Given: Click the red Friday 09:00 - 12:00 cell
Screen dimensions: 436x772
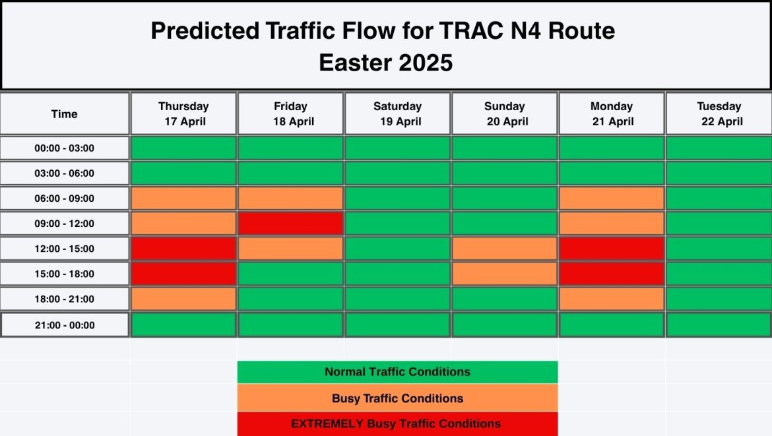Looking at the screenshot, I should pyautogui.click(x=290, y=223).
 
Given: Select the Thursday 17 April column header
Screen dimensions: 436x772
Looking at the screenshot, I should pyautogui.click(x=183, y=113).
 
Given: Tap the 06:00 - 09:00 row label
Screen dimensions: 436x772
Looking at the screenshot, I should pyautogui.click(x=64, y=199).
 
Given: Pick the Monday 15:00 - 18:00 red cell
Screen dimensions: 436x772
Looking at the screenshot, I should pyautogui.click(x=611, y=274).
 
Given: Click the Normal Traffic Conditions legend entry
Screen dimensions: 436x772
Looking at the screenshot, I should pyautogui.click(x=397, y=372).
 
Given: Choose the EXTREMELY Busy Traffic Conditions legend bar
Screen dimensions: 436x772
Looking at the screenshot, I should pyautogui.click(x=397, y=423).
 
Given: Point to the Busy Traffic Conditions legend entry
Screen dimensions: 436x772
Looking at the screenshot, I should pyautogui.click(x=397, y=398).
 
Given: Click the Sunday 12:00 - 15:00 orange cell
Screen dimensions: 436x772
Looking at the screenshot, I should pyautogui.click(x=504, y=249).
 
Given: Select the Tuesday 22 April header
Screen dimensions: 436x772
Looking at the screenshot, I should pyautogui.click(x=719, y=113).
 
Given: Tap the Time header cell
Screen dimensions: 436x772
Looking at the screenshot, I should pyautogui.click(x=64, y=114).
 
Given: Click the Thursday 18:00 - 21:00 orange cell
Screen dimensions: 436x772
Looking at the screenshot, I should pyautogui.click(x=183, y=299).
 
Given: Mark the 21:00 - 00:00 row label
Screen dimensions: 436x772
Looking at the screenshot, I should pyautogui.click(x=64, y=325).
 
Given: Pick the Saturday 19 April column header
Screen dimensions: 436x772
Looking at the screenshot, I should pyautogui.click(x=397, y=113).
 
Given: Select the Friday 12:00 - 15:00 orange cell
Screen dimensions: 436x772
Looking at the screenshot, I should pyautogui.click(x=290, y=249).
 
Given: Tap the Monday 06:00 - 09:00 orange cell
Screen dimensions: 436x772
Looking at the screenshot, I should pyautogui.click(x=611, y=199).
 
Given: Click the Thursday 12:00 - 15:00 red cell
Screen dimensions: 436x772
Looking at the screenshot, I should pyautogui.click(x=183, y=249).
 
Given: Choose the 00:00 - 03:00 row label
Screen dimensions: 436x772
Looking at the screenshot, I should pyautogui.click(x=64, y=148).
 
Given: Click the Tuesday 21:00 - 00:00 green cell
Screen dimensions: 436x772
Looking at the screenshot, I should pyautogui.click(x=719, y=325).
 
